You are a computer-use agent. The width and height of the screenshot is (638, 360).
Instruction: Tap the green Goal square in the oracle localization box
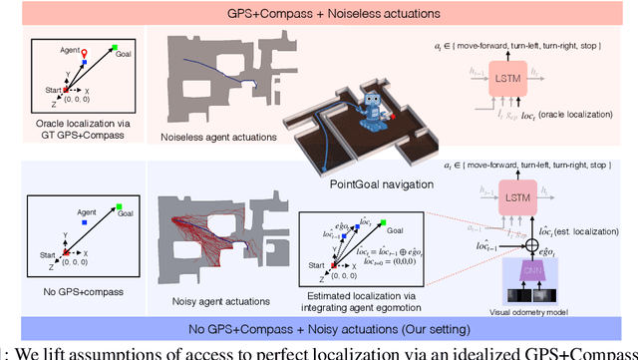tap(117, 48)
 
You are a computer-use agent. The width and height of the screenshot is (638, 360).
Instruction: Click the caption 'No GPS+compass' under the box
tap(76, 293)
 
